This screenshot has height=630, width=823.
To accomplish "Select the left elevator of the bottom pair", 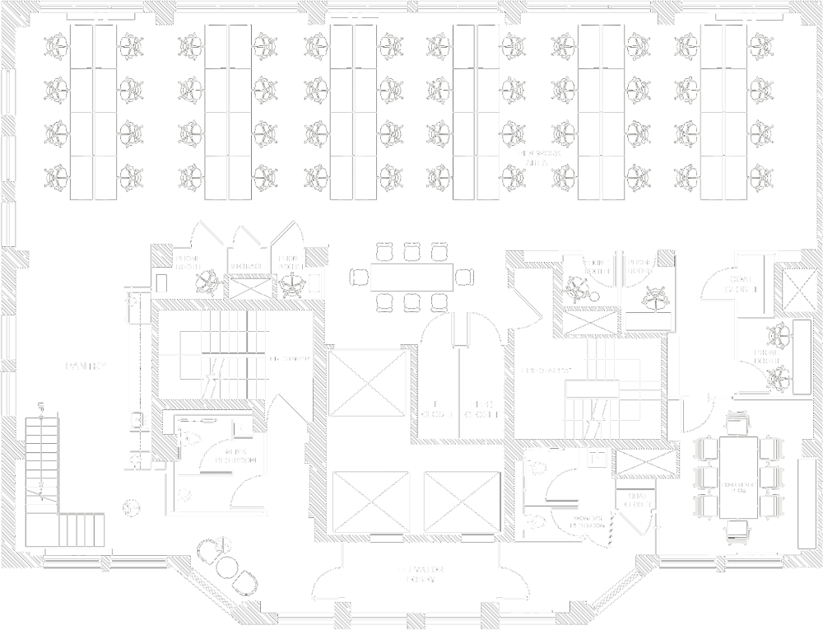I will click(x=372, y=502).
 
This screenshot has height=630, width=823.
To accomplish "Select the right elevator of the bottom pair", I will click(x=462, y=502).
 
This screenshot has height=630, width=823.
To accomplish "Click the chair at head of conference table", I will click(x=737, y=423).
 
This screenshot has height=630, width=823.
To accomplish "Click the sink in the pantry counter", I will click(x=132, y=422).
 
